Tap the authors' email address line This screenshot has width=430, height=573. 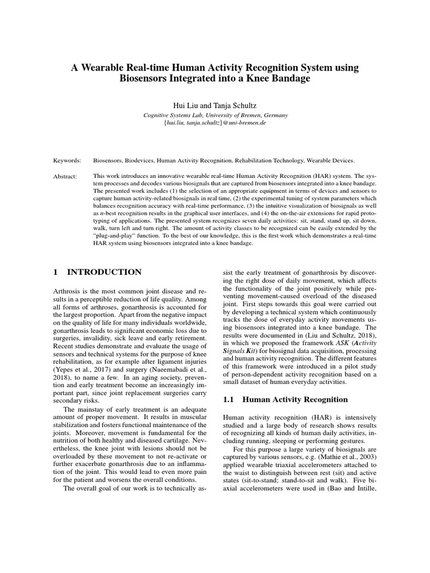point(215,123)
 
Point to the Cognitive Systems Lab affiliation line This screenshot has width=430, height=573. point(215,115)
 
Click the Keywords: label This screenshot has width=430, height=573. point(67,159)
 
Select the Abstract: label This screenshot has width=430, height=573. point(66,175)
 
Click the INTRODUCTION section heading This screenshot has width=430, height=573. point(104,272)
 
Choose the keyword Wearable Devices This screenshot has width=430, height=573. point(333,159)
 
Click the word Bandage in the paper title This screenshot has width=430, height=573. point(289,79)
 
